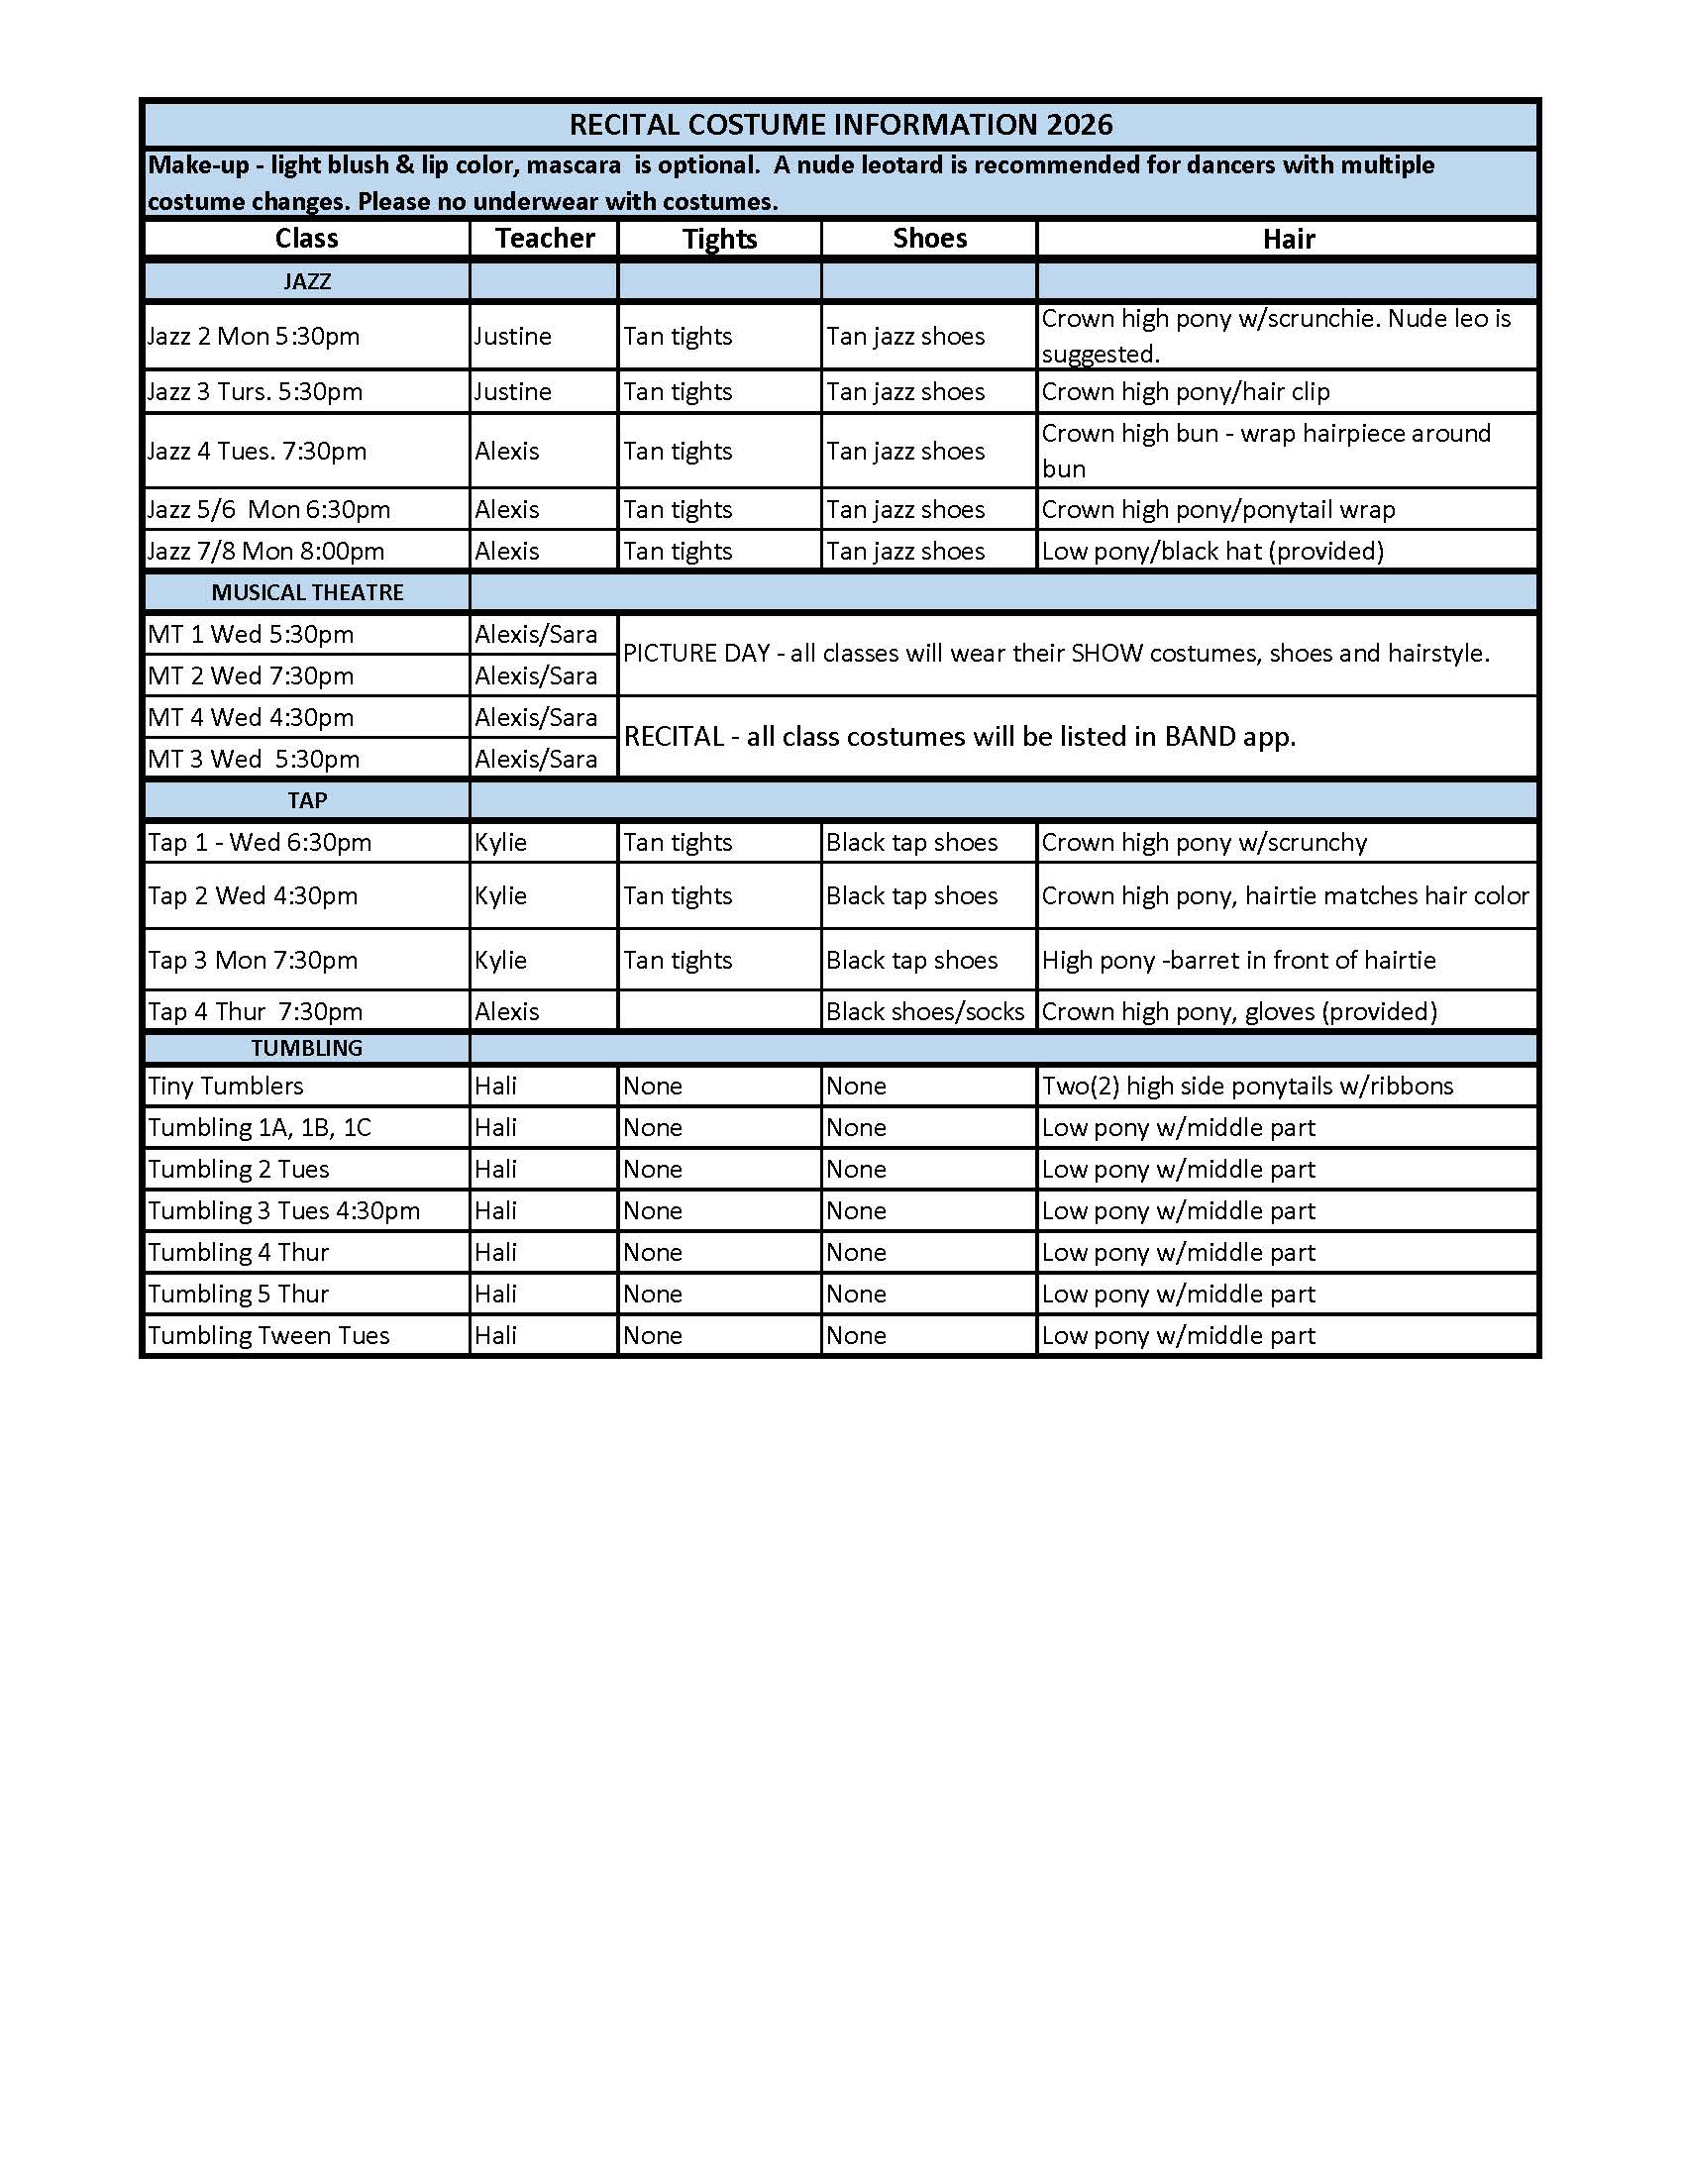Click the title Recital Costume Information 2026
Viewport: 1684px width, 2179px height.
(840, 125)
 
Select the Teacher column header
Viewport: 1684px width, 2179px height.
(545, 239)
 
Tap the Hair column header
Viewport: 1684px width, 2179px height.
(1288, 240)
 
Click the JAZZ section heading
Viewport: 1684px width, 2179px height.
(306, 281)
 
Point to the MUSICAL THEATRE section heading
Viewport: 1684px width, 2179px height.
(307, 592)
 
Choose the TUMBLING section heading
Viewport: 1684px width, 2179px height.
(306, 1048)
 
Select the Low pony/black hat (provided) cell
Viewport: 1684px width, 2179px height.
(1212, 551)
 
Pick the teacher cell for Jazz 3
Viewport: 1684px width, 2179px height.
(513, 391)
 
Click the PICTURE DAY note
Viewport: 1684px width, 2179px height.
(1056, 654)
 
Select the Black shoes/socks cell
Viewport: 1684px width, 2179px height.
(925, 1011)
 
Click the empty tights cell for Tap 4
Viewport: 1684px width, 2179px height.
(718, 1011)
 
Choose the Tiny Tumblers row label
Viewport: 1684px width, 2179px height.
(226, 1086)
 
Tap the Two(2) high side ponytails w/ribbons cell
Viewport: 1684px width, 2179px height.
(1247, 1086)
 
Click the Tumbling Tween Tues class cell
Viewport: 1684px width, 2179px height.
(268, 1335)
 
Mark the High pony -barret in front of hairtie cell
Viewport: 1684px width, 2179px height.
(1238, 960)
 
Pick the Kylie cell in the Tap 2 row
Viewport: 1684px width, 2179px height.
(501, 896)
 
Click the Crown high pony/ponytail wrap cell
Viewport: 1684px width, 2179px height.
(1218, 510)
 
